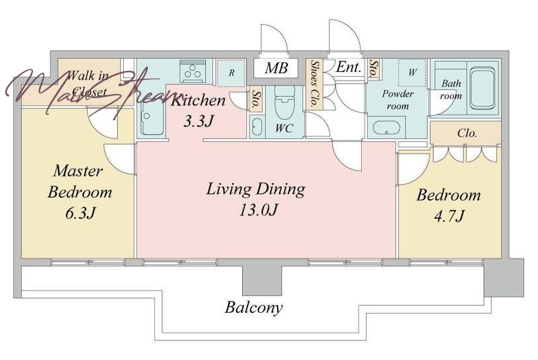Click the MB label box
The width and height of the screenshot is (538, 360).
[x=276, y=68]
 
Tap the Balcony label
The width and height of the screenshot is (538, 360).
[x=254, y=307]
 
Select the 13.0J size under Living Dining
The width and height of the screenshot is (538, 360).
[x=258, y=210]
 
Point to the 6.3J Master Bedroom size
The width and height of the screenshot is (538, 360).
[x=79, y=213]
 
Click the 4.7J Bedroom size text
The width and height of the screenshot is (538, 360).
[x=449, y=216]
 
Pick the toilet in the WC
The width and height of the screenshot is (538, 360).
[x=284, y=99]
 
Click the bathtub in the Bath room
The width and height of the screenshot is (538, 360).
[x=482, y=87]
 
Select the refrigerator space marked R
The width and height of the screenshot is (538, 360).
[x=231, y=73]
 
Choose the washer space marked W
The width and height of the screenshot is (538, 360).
[x=412, y=73]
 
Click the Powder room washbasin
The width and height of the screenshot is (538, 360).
[x=387, y=128]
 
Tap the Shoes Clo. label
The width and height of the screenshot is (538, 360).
[x=315, y=84]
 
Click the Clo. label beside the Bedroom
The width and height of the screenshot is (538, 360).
[x=467, y=133]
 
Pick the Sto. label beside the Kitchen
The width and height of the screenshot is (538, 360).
[x=256, y=100]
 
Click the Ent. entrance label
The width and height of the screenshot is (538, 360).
[x=348, y=67]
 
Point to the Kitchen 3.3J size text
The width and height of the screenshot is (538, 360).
[x=198, y=121]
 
